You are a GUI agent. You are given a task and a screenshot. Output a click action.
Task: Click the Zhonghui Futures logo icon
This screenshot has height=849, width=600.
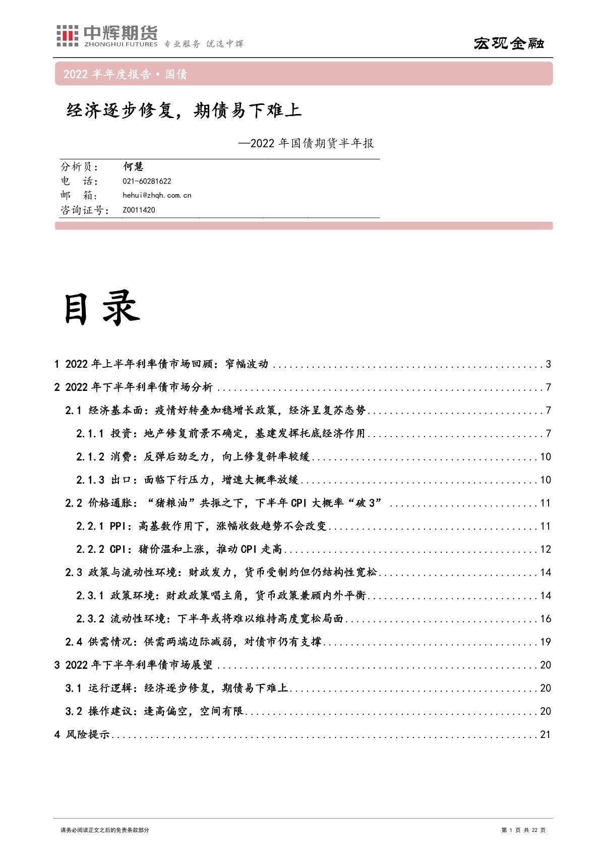pyautogui.click(x=67, y=35)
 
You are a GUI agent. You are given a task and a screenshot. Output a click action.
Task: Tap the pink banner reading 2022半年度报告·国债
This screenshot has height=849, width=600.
pyautogui.click(x=126, y=74)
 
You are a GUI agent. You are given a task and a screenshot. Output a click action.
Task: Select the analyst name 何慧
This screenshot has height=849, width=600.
pyautogui.click(x=134, y=167)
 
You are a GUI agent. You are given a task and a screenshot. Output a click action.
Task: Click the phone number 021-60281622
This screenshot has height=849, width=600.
pyautogui.click(x=147, y=182)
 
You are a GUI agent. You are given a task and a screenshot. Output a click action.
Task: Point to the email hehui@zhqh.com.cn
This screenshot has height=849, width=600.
pyautogui.click(x=157, y=195)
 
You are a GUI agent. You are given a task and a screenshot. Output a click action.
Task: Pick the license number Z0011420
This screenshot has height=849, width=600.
pyautogui.click(x=139, y=210)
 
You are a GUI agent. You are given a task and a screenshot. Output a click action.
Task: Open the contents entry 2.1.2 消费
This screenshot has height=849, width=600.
pyautogui.click(x=193, y=457)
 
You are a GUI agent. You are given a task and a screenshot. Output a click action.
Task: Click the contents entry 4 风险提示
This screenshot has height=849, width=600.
pyautogui.click(x=82, y=734)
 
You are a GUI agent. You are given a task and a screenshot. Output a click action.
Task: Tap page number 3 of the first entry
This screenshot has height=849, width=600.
pyautogui.click(x=548, y=364)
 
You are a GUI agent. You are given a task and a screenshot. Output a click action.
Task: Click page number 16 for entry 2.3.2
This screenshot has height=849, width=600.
pyautogui.click(x=546, y=619)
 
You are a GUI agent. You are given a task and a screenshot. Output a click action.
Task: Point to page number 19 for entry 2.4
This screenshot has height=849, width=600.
pyautogui.click(x=546, y=642)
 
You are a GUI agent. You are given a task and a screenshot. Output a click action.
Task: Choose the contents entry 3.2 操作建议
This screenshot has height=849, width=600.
pyautogui.click(x=155, y=711)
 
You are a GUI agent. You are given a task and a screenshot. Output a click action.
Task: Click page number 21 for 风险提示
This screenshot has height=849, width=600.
pyautogui.click(x=546, y=734)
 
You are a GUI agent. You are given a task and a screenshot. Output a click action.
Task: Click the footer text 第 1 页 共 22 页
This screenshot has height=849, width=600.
pyautogui.click(x=524, y=830)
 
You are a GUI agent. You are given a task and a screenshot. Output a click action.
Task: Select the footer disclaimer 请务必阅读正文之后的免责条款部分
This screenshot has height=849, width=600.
pyautogui.click(x=104, y=830)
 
